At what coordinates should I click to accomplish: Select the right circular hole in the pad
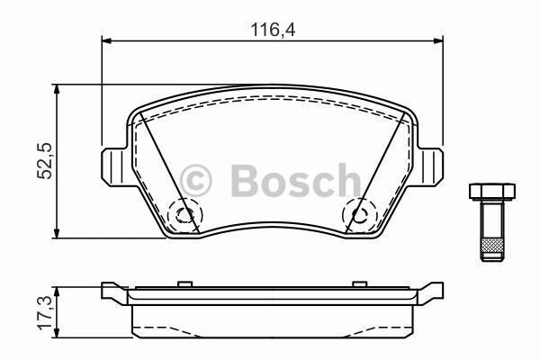(359, 214)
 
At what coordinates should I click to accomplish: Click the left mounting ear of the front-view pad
(110, 164)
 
